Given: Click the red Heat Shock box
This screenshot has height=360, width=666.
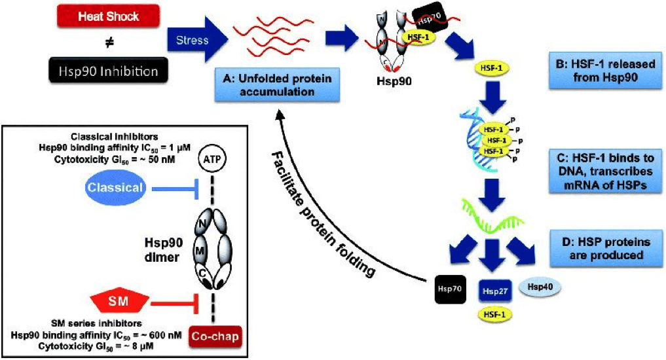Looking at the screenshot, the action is coord(108,17).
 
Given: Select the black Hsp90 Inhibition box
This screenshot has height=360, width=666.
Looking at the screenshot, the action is coord(108,71).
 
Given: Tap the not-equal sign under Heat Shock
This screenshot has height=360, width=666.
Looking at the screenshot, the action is coord(109,43).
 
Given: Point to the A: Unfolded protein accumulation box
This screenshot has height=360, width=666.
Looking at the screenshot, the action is coord(277,84).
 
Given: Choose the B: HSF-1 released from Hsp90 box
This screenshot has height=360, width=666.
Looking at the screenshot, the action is coord(605,71).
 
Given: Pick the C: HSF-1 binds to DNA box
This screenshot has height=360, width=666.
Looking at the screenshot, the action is coord(605,171).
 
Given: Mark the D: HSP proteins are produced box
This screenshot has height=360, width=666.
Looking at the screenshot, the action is coord(606,249).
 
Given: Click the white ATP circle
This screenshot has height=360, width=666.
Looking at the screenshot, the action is coord(212,160).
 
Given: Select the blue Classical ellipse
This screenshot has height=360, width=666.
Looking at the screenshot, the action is coord(115,188).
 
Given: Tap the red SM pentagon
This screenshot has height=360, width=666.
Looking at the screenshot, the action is coord(118,301).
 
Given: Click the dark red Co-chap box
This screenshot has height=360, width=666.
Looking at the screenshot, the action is coord(215,336).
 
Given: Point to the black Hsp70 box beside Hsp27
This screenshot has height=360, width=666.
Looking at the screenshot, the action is coord(451,289).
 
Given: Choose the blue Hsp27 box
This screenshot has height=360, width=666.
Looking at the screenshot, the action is coord(495,291).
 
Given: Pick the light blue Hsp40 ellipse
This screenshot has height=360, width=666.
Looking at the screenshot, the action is coord(540,287).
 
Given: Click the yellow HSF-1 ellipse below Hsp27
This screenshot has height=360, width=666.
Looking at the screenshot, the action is coord(495,315).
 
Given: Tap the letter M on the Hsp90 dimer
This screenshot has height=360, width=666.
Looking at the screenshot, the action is coord(200,251).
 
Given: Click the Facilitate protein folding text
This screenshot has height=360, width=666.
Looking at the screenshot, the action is coord(323,215).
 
